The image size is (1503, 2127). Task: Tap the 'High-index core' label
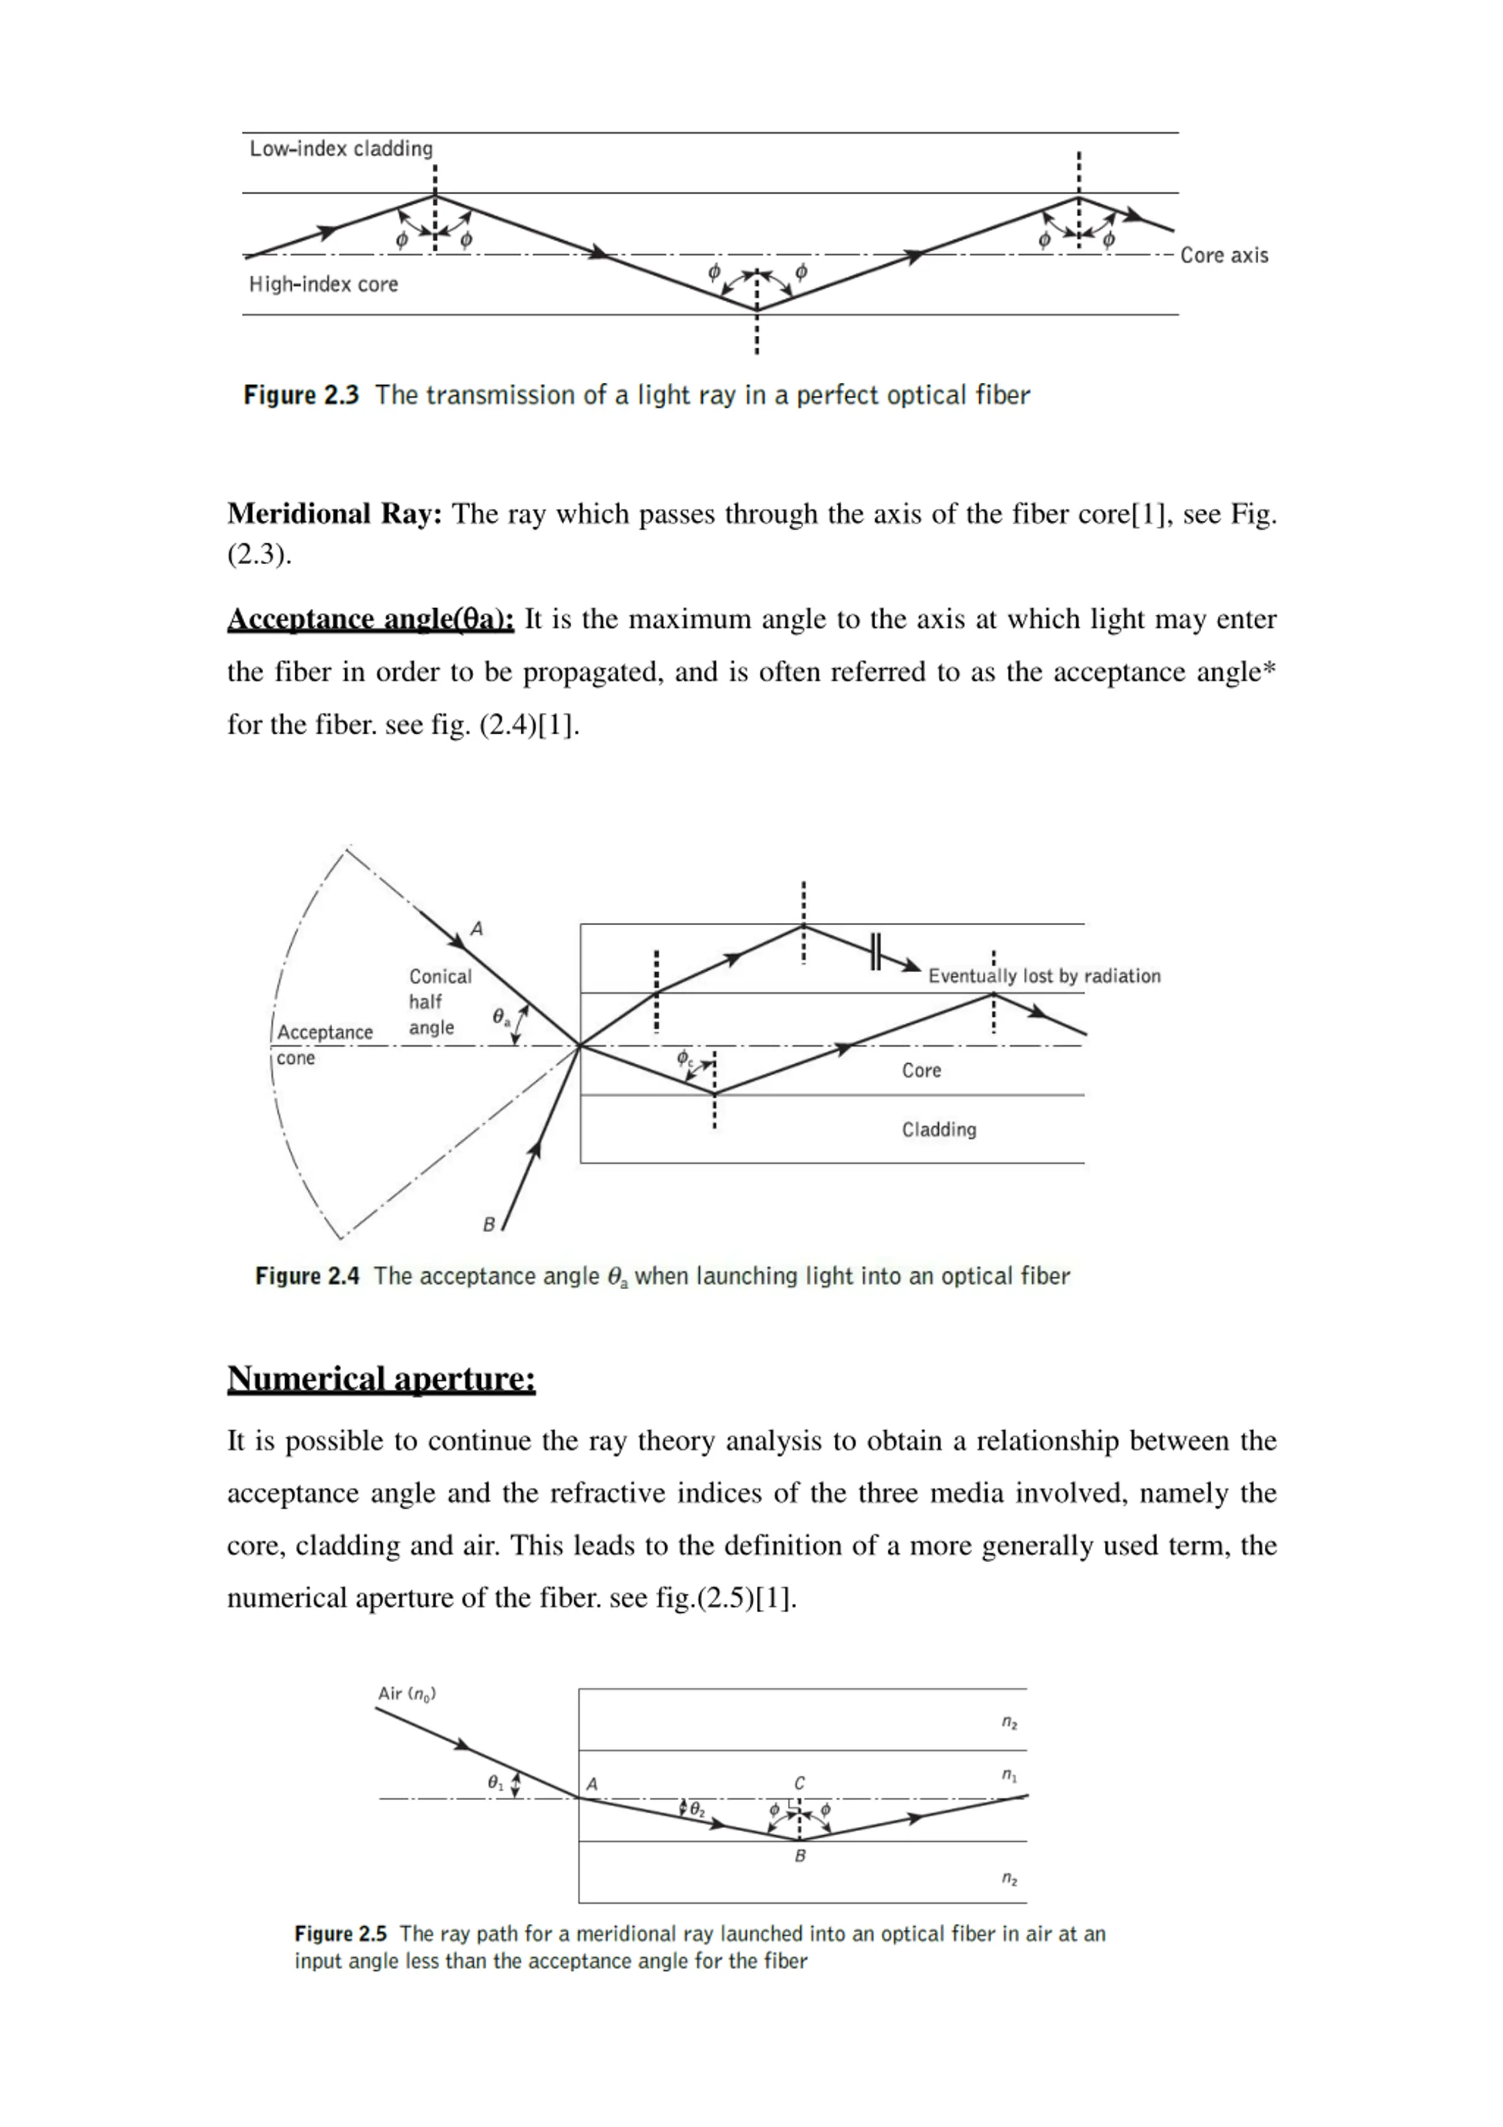coord(323,284)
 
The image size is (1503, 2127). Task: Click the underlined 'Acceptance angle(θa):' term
coord(370,620)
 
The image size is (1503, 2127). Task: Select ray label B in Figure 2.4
coord(488,1225)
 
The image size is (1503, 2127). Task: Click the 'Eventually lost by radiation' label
coord(1044,976)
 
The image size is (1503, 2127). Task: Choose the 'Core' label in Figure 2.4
coord(921,1070)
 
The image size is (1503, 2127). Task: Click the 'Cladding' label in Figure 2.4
coord(939,1130)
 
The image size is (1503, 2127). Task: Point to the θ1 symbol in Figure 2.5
coord(495,1781)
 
